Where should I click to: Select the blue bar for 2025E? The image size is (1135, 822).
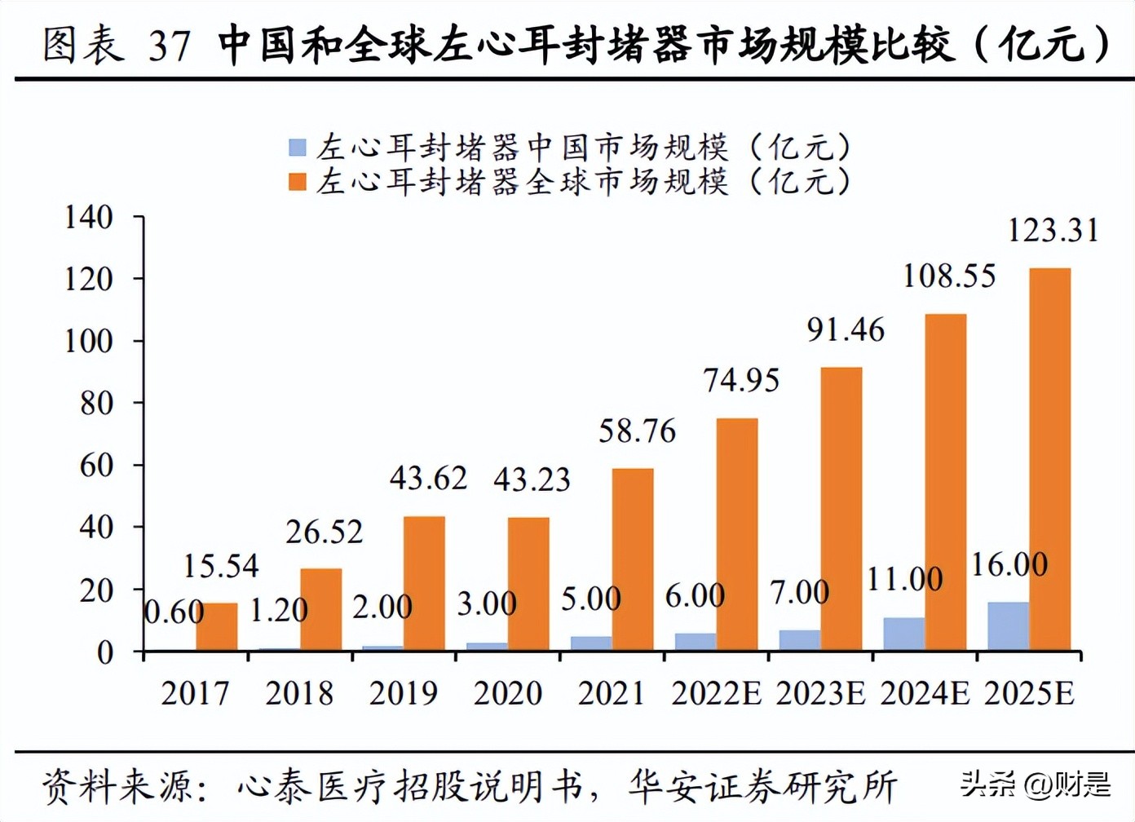pyautogui.click(x=1008, y=626)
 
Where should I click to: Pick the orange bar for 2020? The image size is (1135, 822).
pyautogui.click(x=528, y=584)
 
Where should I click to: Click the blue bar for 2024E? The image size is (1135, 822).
pyautogui.click(x=903, y=634)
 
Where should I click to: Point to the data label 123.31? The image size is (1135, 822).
pyautogui.click(x=1053, y=231)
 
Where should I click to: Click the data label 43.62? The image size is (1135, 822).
pyautogui.click(x=428, y=479)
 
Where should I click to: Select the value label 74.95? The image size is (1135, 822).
pyautogui.click(x=741, y=381)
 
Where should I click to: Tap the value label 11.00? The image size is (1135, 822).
pyautogui.click(x=904, y=580)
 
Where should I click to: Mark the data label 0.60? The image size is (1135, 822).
pyautogui.click(x=174, y=612)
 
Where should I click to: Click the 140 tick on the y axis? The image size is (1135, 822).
pyautogui.click(x=89, y=218)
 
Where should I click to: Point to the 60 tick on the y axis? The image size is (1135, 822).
pyautogui.click(x=96, y=466)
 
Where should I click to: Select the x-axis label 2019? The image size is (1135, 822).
pyautogui.click(x=403, y=693)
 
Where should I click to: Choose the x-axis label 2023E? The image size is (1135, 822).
pyautogui.click(x=820, y=693)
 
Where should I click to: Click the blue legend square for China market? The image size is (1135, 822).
pyautogui.click(x=298, y=148)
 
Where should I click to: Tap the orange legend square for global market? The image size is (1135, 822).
pyautogui.click(x=298, y=181)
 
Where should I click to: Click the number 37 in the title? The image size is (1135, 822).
pyautogui.click(x=170, y=45)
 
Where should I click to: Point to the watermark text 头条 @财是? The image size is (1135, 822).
pyautogui.click(x=1035, y=784)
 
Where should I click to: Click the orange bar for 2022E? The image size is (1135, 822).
pyautogui.click(x=737, y=534)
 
